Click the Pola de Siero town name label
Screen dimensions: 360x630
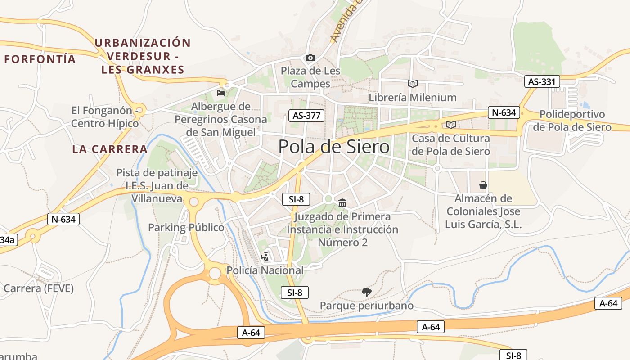coord(334,147)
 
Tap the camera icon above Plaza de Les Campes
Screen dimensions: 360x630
coord(310,58)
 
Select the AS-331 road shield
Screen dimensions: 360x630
coord(542,82)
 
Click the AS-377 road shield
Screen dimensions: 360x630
coord(306,116)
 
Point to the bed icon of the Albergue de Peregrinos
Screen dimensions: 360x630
coord(221,93)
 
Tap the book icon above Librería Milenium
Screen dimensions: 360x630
coord(412,84)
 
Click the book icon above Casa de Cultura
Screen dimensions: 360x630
coord(451,125)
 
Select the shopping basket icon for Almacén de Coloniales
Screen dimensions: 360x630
coord(483,185)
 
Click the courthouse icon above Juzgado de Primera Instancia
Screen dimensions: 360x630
coord(342,203)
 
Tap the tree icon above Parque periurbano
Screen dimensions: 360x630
coord(367,292)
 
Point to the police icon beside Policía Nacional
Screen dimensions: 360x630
coord(265,257)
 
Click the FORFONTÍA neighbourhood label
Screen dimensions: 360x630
coord(40,59)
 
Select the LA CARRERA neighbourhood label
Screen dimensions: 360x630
coord(110,149)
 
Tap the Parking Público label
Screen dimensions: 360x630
coord(186,228)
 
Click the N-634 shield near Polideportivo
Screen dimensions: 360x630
coord(504,112)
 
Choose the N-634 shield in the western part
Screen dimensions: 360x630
coord(63,220)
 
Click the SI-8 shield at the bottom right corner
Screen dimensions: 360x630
coord(513,355)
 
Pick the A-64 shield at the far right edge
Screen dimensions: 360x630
coord(608,303)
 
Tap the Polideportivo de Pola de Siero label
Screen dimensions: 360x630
coord(572,121)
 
